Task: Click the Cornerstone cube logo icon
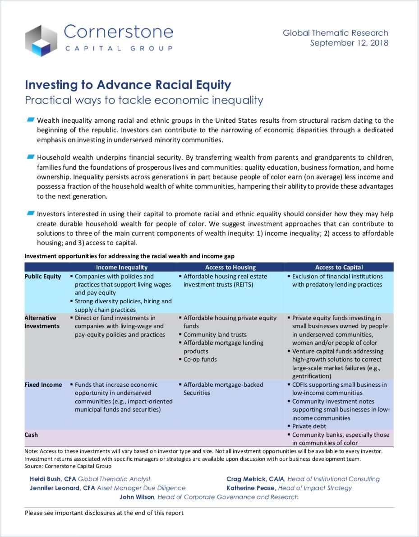pyautogui.click(x=41, y=40)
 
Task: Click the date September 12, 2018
pyautogui.click(x=349, y=43)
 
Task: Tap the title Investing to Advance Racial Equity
pyautogui.click(x=128, y=85)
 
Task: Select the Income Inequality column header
pyautogui.click(x=121, y=267)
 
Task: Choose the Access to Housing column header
pyautogui.click(x=230, y=267)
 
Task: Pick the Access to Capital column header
pyautogui.click(x=339, y=267)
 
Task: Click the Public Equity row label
pyautogui.click(x=42, y=276)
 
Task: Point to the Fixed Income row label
pyautogui.click(x=43, y=384)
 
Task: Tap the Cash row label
pyautogui.click(x=31, y=435)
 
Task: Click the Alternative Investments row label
pyautogui.click(x=42, y=322)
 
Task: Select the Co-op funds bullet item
pyautogui.click(x=200, y=359)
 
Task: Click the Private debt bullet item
pyautogui.click(x=309, y=426)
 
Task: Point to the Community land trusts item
pyautogui.click(x=215, y=334)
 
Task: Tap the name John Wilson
pyautogui.click(x=137, y=497)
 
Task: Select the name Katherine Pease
pyautogui.click(x=250, y=488)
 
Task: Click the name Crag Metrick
pyautogui.click(x=246, y=479)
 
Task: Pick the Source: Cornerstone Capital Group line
pyautogui.click(x=68, y=466)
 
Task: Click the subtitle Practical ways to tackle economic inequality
pyautogui.click(x=144, y=100)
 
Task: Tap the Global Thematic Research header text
pyautogui.click(x=335, y=33)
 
